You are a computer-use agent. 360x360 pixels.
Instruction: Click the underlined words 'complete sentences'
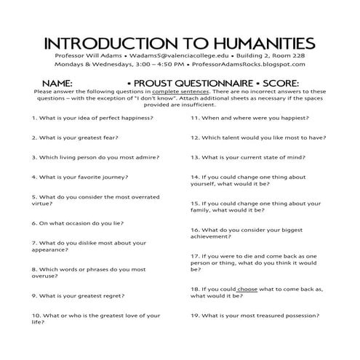click(182, 92)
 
